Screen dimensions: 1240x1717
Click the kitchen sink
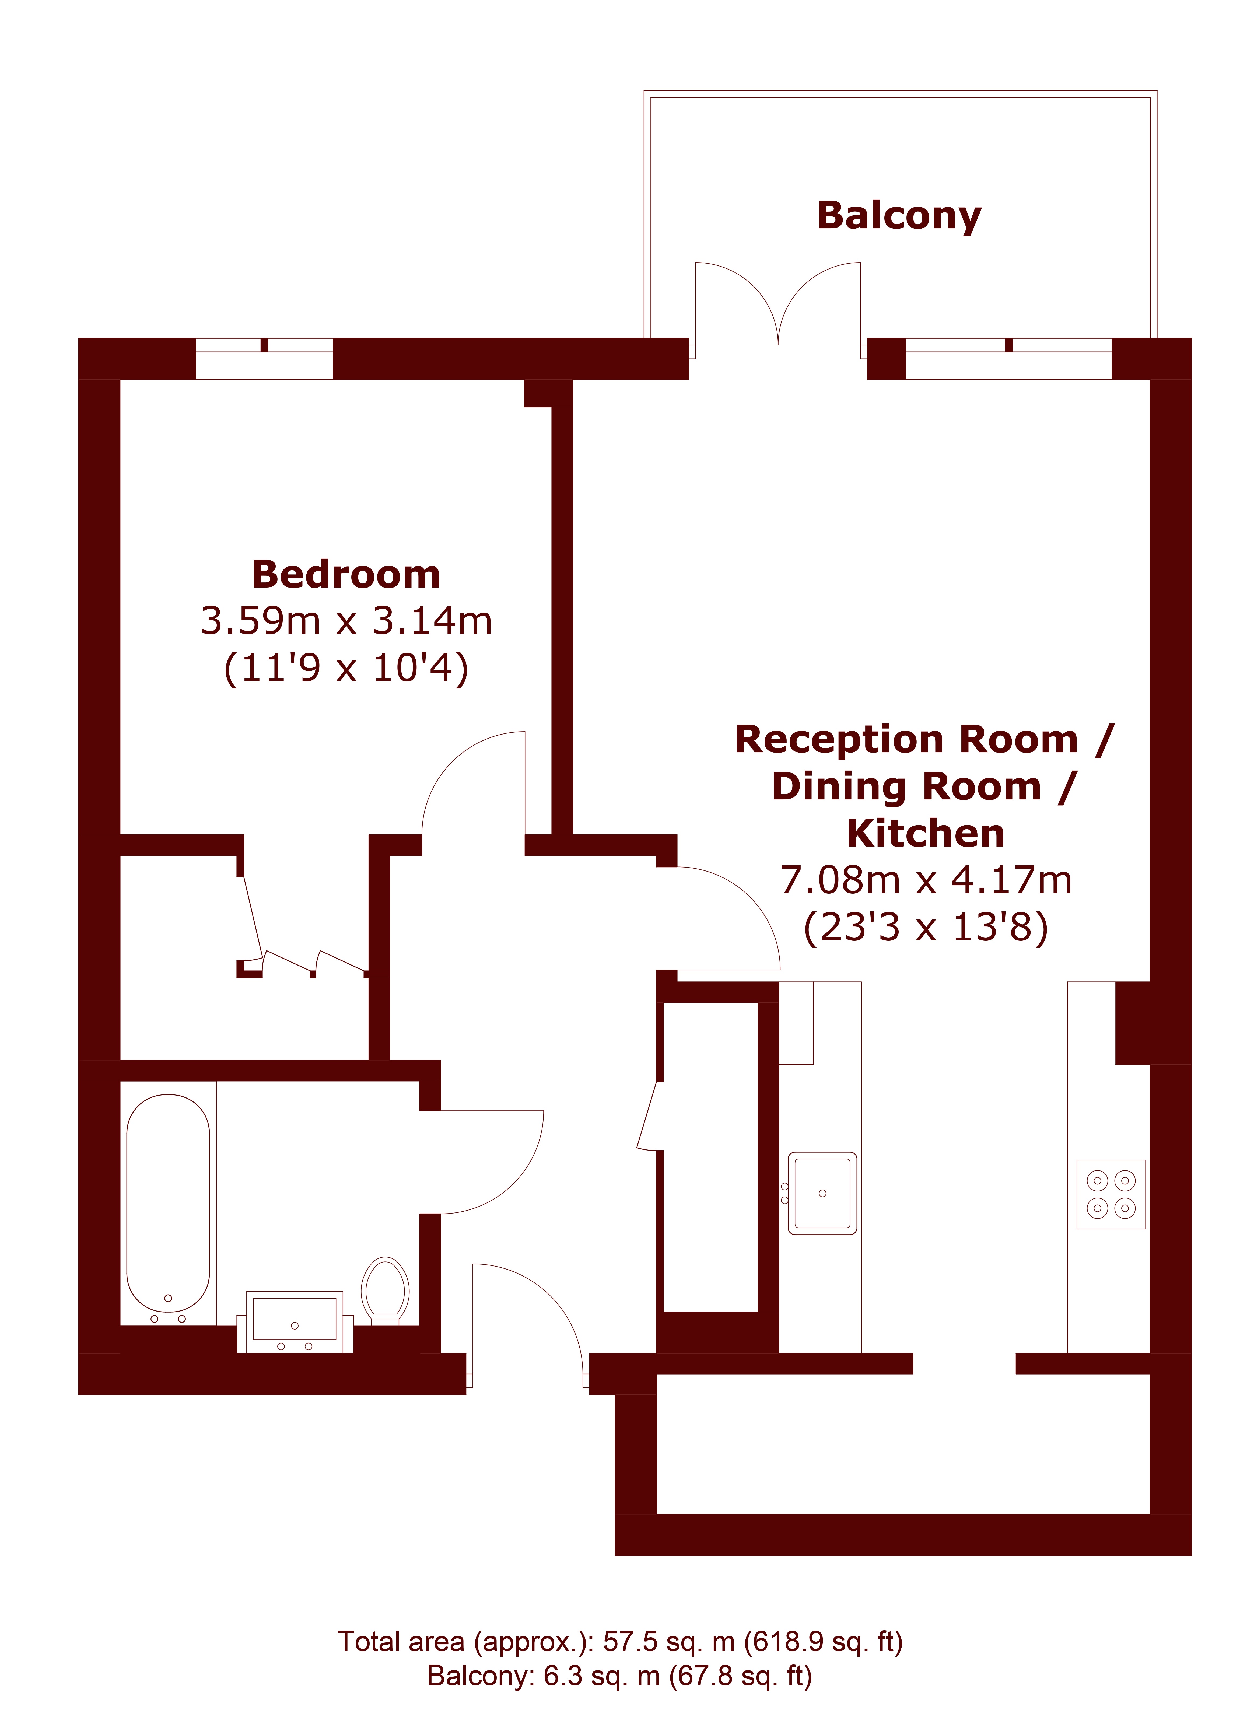coord(822,1193)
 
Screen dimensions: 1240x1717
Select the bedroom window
coord(264,358)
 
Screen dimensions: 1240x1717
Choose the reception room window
coord(1008,358)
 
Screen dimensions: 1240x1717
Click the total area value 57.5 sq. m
coord(669,1642)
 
